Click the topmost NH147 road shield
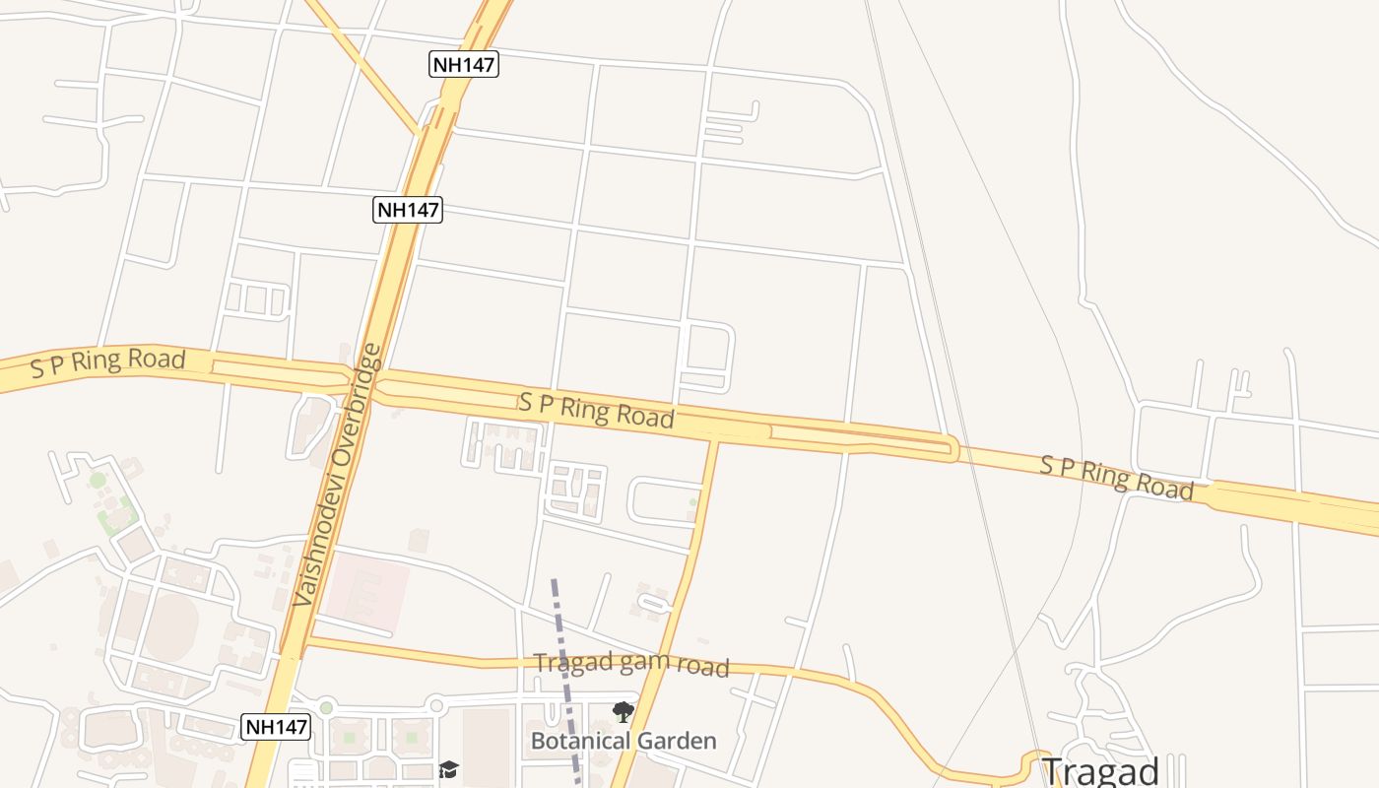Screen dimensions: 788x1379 click(x=464, y=65)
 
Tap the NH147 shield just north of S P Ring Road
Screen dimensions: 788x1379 click(x=408, y=209)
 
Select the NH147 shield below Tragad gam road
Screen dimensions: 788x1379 click(x=276, y=728)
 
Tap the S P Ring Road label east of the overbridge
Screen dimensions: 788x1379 click(x=597, y=410)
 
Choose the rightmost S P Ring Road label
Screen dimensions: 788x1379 click(x=1117, y=478)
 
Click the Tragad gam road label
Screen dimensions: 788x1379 click(x=630, y=665)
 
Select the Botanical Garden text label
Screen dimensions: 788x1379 click(x=624, y=741)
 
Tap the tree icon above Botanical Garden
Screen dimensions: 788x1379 click(x=623, y=711)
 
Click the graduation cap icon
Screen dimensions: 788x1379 click(x=449, y=769)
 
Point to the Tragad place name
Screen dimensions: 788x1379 click(x=1099, y=771)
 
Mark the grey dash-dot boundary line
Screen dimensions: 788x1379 click(x=564, y=670)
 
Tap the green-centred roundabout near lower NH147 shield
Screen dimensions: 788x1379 click(x=326, y=707)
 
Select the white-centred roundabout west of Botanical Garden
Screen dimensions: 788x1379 click(x=436, y=705)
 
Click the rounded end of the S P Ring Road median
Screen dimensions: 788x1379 click(x=952, y=449)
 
